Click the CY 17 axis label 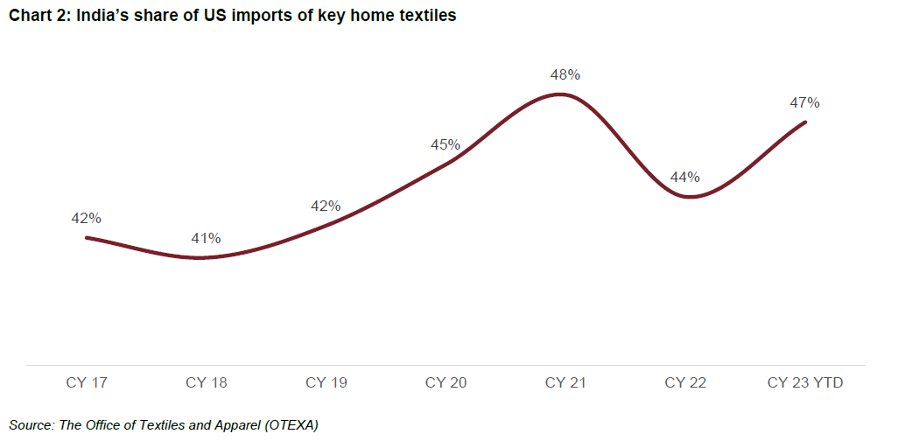point(87,383)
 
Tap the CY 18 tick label point(207,383)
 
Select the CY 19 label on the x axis point(326,383)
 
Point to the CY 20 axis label point(446,383)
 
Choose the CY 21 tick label point(565,383)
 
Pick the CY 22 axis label point(685,383)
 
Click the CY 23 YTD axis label point(805,383)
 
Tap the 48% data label point(565,75)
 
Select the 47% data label point(805,103)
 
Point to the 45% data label point(445,145)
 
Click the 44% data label point(685,178)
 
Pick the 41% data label point(207,238)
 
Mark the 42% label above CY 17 point(87,218)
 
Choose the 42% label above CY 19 point(326,206)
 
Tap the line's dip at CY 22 point(690,197)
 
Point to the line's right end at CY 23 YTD point(805,122)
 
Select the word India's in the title point(106,16)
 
